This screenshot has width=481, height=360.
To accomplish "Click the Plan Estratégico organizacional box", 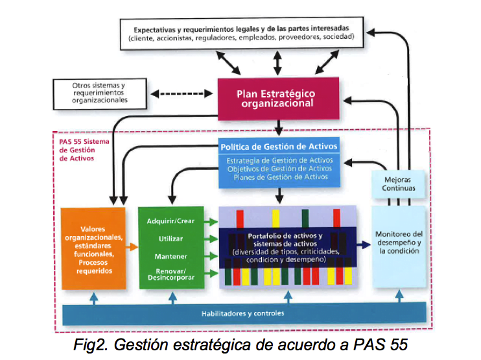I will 278,99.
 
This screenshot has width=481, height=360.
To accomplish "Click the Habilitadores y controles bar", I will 241,313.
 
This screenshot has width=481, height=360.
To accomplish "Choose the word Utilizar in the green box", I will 171,239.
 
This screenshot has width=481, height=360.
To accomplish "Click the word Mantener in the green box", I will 171,256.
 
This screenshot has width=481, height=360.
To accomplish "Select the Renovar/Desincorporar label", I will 171,274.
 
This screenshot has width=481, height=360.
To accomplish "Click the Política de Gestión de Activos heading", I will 278,147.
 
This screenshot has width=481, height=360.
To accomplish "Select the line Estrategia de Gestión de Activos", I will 278,160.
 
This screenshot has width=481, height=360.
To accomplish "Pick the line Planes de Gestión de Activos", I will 278,176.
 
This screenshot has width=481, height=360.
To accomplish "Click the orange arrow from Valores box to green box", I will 132,247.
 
